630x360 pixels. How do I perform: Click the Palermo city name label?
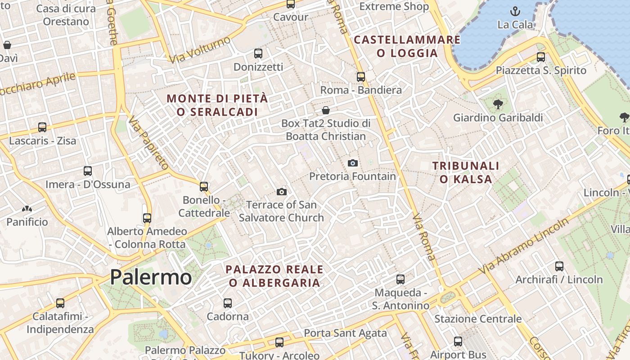[151, 277]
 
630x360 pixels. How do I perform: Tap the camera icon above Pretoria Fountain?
[353, 163]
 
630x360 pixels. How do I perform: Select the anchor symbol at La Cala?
[515, 11]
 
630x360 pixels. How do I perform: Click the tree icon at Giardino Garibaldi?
[498, 104]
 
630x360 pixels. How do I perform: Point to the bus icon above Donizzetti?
[258, 54]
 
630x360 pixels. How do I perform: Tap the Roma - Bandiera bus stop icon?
[361, 77]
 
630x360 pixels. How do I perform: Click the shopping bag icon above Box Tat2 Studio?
[326, 110]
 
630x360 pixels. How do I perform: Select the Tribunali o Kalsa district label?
[466, 172]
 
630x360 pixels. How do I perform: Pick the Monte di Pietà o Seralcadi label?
[217, 105]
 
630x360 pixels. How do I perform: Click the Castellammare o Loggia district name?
[407, 46]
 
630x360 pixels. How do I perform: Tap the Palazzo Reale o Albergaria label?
[274, 276]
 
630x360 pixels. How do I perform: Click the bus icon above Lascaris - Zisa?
[42, 127]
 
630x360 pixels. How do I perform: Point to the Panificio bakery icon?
[27, 209]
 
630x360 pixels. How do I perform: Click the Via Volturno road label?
[200, 50]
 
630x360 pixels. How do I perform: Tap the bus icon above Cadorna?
[228, 303]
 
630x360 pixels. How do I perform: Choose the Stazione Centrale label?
[478, 319]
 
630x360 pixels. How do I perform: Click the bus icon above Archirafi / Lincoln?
[559, 266]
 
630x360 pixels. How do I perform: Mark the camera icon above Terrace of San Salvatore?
[282, 192]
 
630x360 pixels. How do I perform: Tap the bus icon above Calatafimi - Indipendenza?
[60, 303]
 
